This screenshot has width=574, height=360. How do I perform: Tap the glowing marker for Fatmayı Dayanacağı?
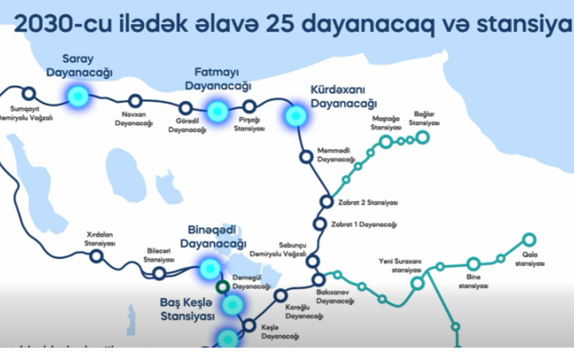217,111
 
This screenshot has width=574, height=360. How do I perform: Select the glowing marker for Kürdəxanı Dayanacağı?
296,114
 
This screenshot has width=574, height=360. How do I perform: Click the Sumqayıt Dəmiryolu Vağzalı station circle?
29,93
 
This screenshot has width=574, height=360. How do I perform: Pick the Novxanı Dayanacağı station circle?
134,103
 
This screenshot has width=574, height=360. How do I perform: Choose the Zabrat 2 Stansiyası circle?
326,202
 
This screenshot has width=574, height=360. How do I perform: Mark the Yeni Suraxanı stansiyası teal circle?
417,282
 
